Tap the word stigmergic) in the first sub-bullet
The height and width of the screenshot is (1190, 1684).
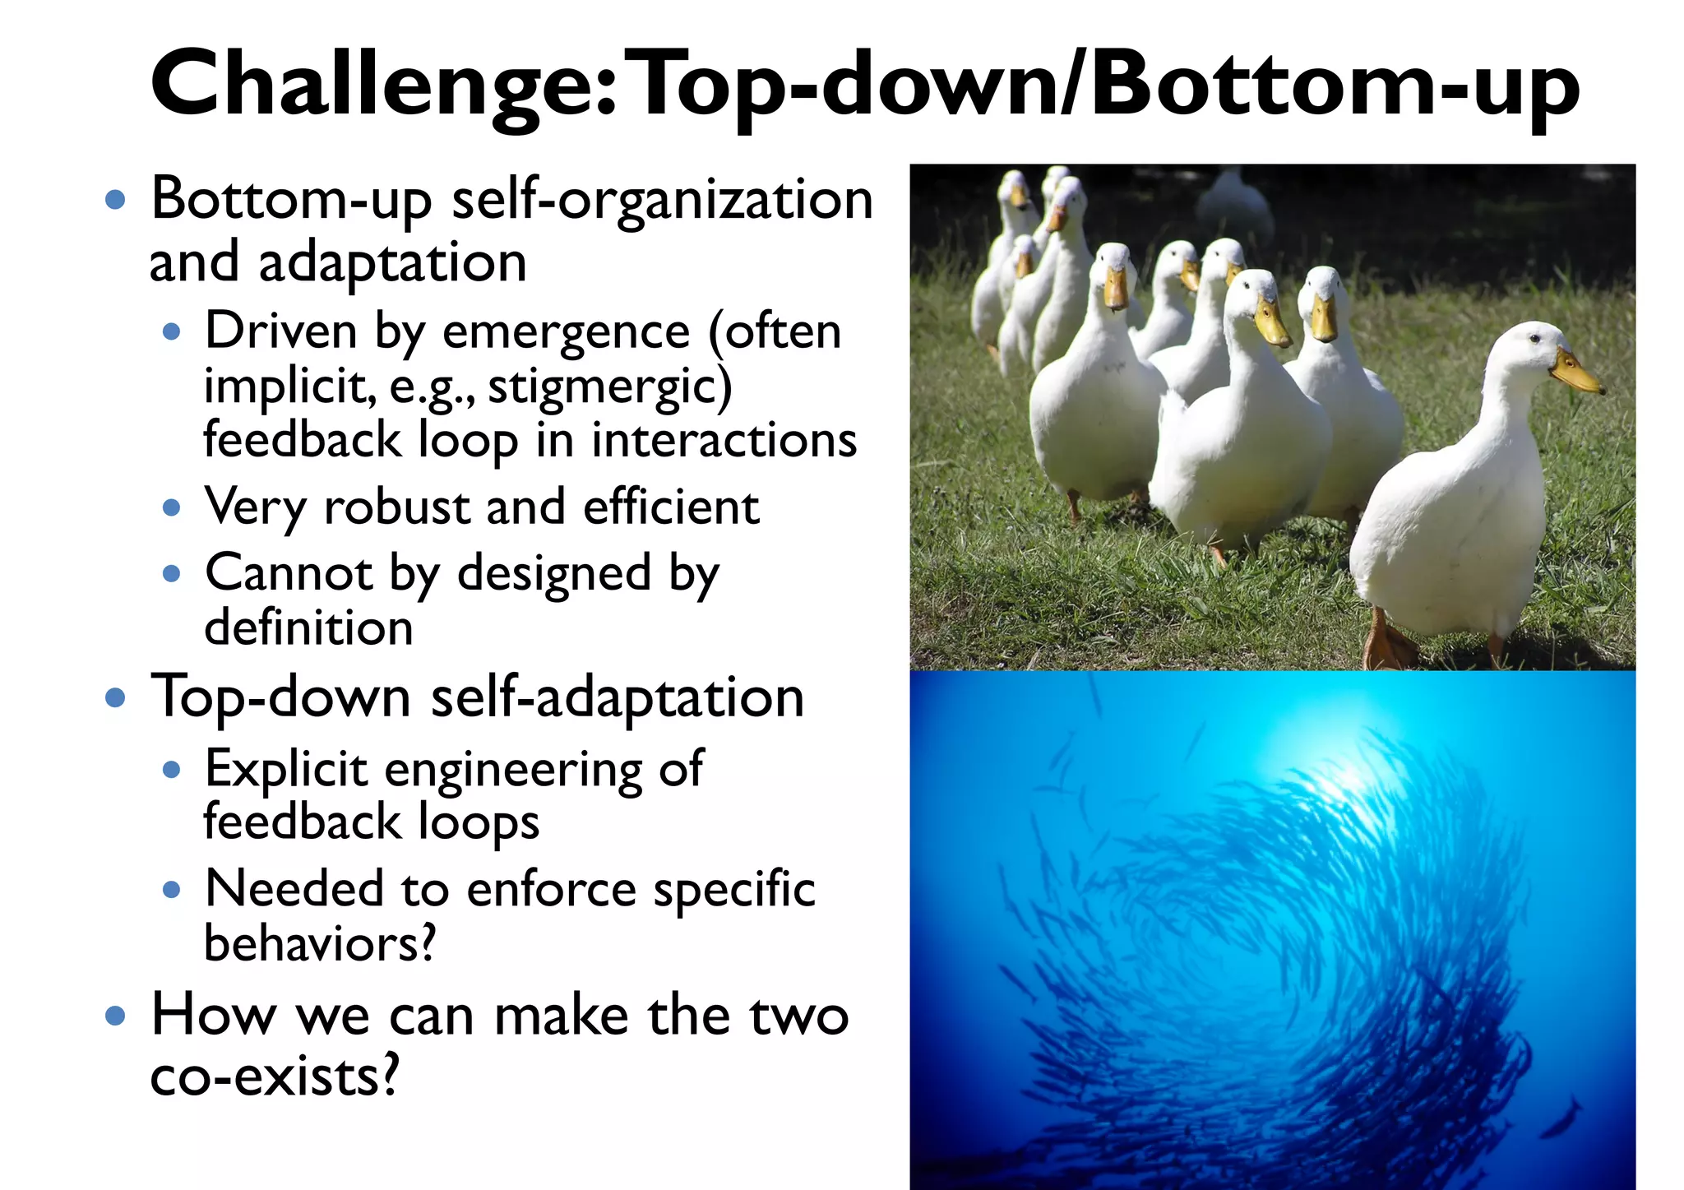(609, 387)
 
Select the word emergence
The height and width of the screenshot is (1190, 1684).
(566, 332)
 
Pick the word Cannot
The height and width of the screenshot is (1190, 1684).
(288, 573)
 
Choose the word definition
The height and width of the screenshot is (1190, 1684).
(308, 628)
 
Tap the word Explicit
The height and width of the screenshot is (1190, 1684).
(285, 770)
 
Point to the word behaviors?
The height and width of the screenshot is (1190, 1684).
(320, 944)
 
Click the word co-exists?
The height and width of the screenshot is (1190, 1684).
(275, 1076)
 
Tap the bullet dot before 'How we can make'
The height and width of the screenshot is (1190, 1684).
(116, 1016)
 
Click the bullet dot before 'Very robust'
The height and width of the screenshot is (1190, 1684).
(171, 508)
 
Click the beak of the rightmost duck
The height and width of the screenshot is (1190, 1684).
(1575, 373)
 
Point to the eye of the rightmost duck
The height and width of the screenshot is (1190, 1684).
(1534, 338)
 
